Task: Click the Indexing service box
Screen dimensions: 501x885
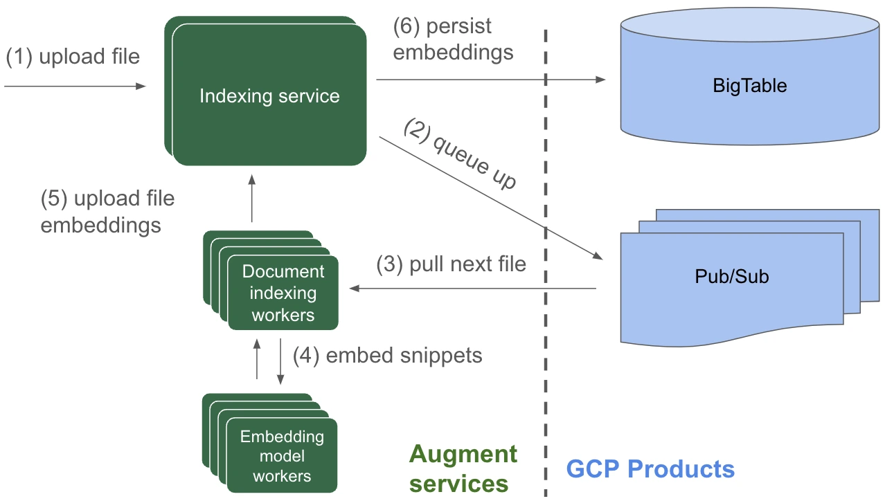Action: tap(269, 95)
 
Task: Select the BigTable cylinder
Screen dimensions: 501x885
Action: tap(749, 76)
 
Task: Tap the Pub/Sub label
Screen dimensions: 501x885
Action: tap(732, 277)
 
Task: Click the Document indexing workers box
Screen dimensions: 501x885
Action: tap(283, 293)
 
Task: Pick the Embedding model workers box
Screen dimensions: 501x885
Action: tap(282, 456)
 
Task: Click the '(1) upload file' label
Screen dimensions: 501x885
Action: tap(73, 57)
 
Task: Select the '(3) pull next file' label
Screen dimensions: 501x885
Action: tap(451, 264)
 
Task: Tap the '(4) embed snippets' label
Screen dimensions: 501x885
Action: tap(387, 355)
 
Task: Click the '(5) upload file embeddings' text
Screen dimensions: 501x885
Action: tap(107, 212)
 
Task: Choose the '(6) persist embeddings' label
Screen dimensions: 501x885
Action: tap(453, 39)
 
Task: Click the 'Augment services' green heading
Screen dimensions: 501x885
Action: tap(463, 468)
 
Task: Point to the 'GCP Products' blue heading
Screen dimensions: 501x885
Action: tap(650, 468)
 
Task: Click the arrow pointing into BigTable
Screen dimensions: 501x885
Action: tap(490, 80)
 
